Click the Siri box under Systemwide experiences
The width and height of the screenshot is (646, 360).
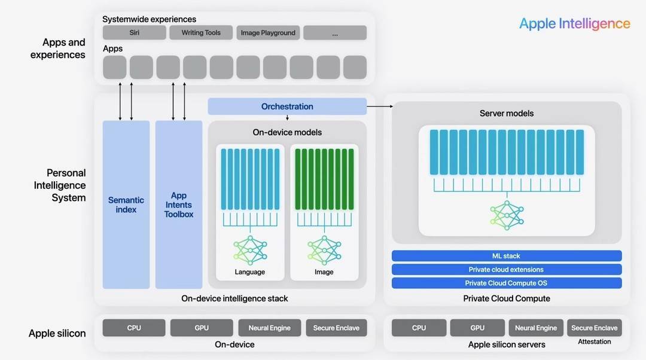(x=134, y=33)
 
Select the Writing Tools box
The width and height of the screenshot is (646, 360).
(x=201, y=33)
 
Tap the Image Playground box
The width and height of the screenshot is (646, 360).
(x=268, y=33)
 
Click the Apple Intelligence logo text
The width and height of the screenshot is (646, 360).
(x=574, y=23)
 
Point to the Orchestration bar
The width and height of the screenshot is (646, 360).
(x=287, y=106)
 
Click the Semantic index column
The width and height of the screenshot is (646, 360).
(x=126, y=205)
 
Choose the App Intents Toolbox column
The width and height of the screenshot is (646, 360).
(x=178, y=205)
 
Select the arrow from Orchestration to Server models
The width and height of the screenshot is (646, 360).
(x=379, y=106)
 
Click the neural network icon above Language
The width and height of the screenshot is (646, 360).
(x=249, y=250)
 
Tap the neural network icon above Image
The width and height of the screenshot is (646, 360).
(x=324, y=250)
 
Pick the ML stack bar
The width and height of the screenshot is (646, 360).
(x=507, y=256)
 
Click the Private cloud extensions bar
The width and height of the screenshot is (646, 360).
(x=507, y=270)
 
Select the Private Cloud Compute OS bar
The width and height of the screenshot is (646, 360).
(x=507, y=283)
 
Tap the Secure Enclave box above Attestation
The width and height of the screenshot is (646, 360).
(x=594, y=328)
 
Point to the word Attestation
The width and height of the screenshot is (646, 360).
(x=594, y=341)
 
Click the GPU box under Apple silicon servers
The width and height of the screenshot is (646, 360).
(x=477, y=328)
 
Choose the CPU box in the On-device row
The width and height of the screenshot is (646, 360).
(x=134, y=328)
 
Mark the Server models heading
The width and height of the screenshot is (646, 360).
(x=507, y=113)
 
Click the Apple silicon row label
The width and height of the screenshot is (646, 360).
(x=57, y=334)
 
